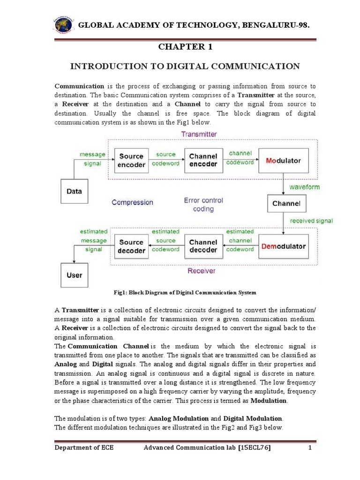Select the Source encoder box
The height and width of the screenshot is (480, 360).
click(131, 160)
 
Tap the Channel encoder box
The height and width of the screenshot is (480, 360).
click(203, 160)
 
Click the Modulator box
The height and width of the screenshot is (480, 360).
click(284, 161)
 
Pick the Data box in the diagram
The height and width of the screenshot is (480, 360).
click(74, 191)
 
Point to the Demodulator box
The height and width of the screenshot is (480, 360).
click(284, 247)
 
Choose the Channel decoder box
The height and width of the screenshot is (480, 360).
click(203, 247)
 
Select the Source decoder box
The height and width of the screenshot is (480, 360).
click(131, 247)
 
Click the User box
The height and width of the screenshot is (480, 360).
click(74, 275)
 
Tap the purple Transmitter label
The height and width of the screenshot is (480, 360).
click(199, 134)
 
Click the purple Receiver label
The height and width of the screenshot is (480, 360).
click(202, 271)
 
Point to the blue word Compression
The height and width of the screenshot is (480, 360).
click(132, 202)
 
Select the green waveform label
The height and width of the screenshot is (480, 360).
click(304, 187)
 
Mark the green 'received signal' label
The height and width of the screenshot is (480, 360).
click(311, 221)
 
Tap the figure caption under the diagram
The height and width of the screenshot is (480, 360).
click(185, 292)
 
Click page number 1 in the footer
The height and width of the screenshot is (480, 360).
click(310, 448)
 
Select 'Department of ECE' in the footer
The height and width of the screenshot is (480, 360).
click(84, 448)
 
